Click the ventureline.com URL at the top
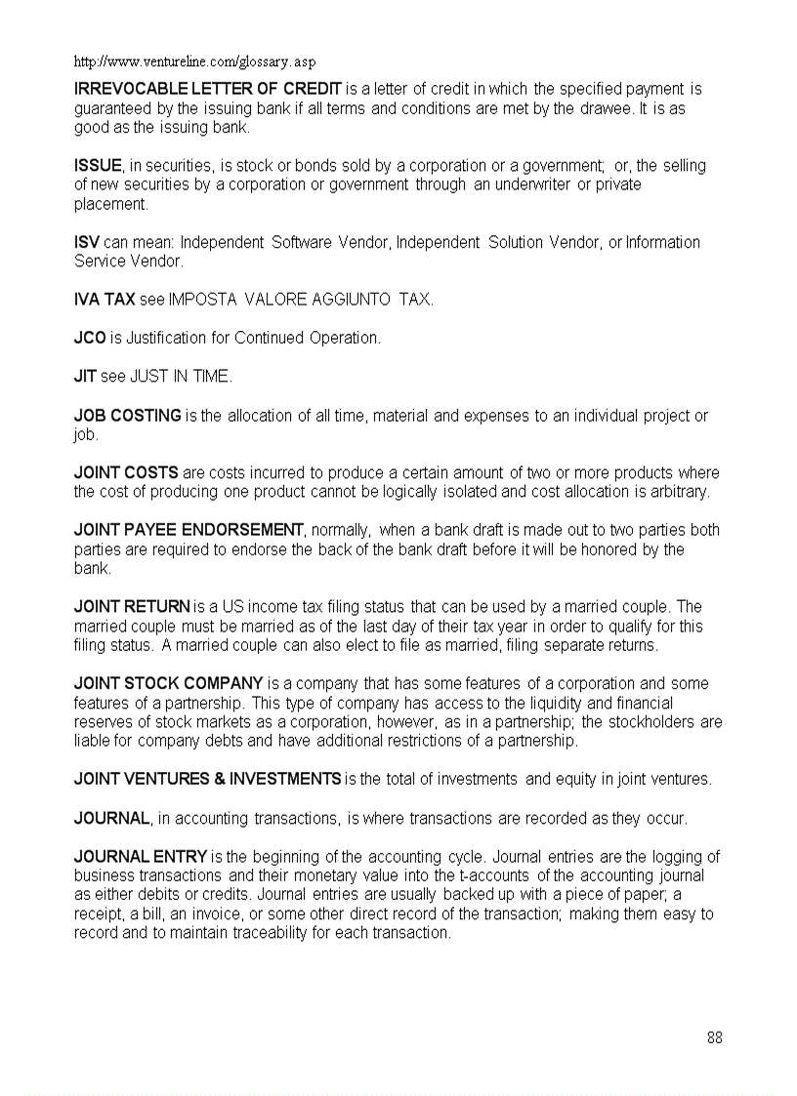195,61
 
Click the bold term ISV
87,242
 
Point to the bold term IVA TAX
105,300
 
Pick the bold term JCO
90,338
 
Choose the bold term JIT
85,376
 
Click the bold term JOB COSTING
128,416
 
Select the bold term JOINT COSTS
126,473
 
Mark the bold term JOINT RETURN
132,607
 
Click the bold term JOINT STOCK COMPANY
169,683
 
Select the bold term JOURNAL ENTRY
141,857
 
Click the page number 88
715,1037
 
